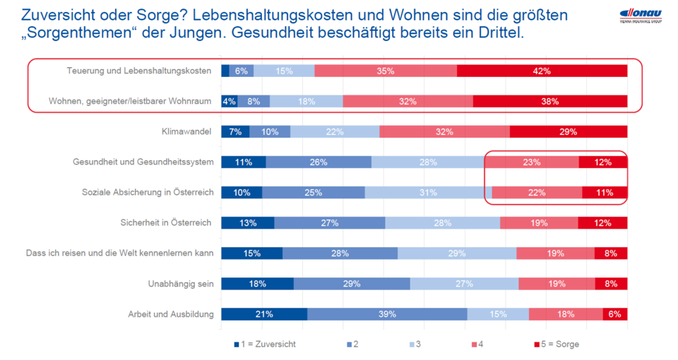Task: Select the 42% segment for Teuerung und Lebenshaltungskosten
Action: [x=542, y=71]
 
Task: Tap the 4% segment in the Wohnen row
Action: [x=229, y=101]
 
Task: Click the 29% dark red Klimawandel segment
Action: [x=568, y=131]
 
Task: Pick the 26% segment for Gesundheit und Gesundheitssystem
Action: [x=318, y=162]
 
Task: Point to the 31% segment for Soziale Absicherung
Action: [x=428, y=193]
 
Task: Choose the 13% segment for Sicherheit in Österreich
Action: [x=247, y=223]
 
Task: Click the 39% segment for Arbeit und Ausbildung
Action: [x=386, y=314]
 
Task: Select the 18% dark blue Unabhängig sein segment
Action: [x=257, y=284]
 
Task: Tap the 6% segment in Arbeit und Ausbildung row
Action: [x=614, y=314]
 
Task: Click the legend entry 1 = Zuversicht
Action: [x=266, y=344]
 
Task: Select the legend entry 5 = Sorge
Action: [x=559, y=344]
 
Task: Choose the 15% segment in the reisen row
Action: [x=251, y=253]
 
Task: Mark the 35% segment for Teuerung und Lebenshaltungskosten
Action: [x=386, y=71]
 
